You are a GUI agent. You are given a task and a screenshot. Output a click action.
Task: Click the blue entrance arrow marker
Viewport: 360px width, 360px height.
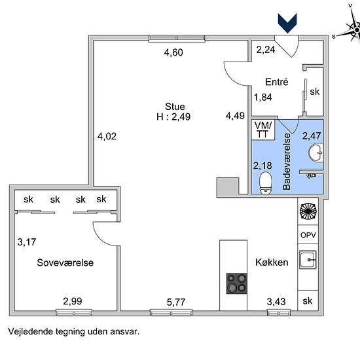[x=287, y=23]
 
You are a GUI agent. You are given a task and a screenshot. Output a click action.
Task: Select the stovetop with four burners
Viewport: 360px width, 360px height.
[x=237, y=283]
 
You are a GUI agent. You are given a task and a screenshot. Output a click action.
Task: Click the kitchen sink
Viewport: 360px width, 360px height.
[x=308, y=260]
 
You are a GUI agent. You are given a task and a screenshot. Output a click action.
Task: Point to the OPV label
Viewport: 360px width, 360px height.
[x=308, y=235]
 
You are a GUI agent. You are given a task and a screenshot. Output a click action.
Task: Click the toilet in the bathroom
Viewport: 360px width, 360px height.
[x=265, y=183]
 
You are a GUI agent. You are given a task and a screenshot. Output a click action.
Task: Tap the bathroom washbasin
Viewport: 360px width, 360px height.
[x=316, y=153]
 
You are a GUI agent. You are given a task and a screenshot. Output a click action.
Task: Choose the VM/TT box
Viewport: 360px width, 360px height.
[x=263, y=130]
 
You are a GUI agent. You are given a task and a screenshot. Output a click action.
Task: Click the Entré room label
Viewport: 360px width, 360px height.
[x=276, y=82]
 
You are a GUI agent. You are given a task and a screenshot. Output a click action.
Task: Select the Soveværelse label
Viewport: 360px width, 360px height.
[x=65, y=262]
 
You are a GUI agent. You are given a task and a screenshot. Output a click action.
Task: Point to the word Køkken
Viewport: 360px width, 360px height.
[x=272, y=262]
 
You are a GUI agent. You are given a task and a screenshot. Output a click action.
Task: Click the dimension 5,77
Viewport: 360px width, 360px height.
[x=176, y=302]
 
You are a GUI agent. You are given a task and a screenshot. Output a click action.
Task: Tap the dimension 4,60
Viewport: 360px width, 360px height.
[x=173, y=52]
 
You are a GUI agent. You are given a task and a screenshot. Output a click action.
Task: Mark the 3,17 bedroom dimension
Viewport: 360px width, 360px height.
[x=27, y=242]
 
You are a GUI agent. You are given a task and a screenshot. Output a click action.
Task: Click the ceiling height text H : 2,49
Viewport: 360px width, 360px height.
[x=173, y=117]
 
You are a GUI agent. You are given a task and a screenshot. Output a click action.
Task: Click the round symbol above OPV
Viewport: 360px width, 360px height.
[x=308, y=211]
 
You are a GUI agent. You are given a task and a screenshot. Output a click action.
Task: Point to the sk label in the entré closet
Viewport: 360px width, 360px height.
[x=315, y=92]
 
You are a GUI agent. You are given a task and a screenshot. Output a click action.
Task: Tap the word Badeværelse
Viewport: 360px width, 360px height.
[x=287, y=162]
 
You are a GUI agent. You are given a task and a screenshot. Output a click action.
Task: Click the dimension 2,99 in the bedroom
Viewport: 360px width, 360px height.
[x=73, y=301]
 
